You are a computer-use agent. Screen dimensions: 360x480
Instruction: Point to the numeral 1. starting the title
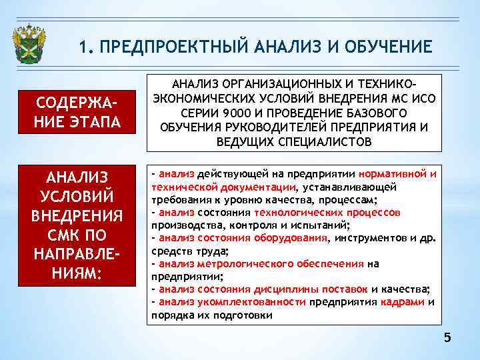click(x=85, y=47)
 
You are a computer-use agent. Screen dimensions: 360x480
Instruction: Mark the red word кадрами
click(x=402, y=301)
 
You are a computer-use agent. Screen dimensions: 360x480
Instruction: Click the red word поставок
click(x=343, y=289)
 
